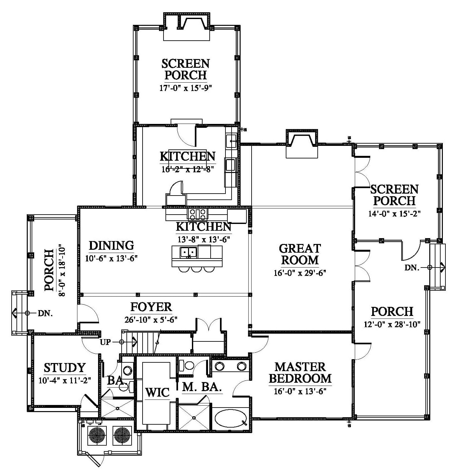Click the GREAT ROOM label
tap(300, 254)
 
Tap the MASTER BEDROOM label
tap(300, 373)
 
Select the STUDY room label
tap(65, 368)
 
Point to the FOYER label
tap(151, 307)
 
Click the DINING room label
tap(112, 245)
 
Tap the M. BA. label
tap(202, 387)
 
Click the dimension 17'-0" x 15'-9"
tap(185, 88)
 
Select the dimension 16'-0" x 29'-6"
tap(300, 273)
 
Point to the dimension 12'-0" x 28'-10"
tap(392, 324)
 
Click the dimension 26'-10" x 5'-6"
tap(151, 319)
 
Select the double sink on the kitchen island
tap(189, 252)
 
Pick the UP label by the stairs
tap(105, 342)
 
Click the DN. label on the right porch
tap(412, 268)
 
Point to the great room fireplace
tap(302, 144)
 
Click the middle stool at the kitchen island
tap(196, 269)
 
